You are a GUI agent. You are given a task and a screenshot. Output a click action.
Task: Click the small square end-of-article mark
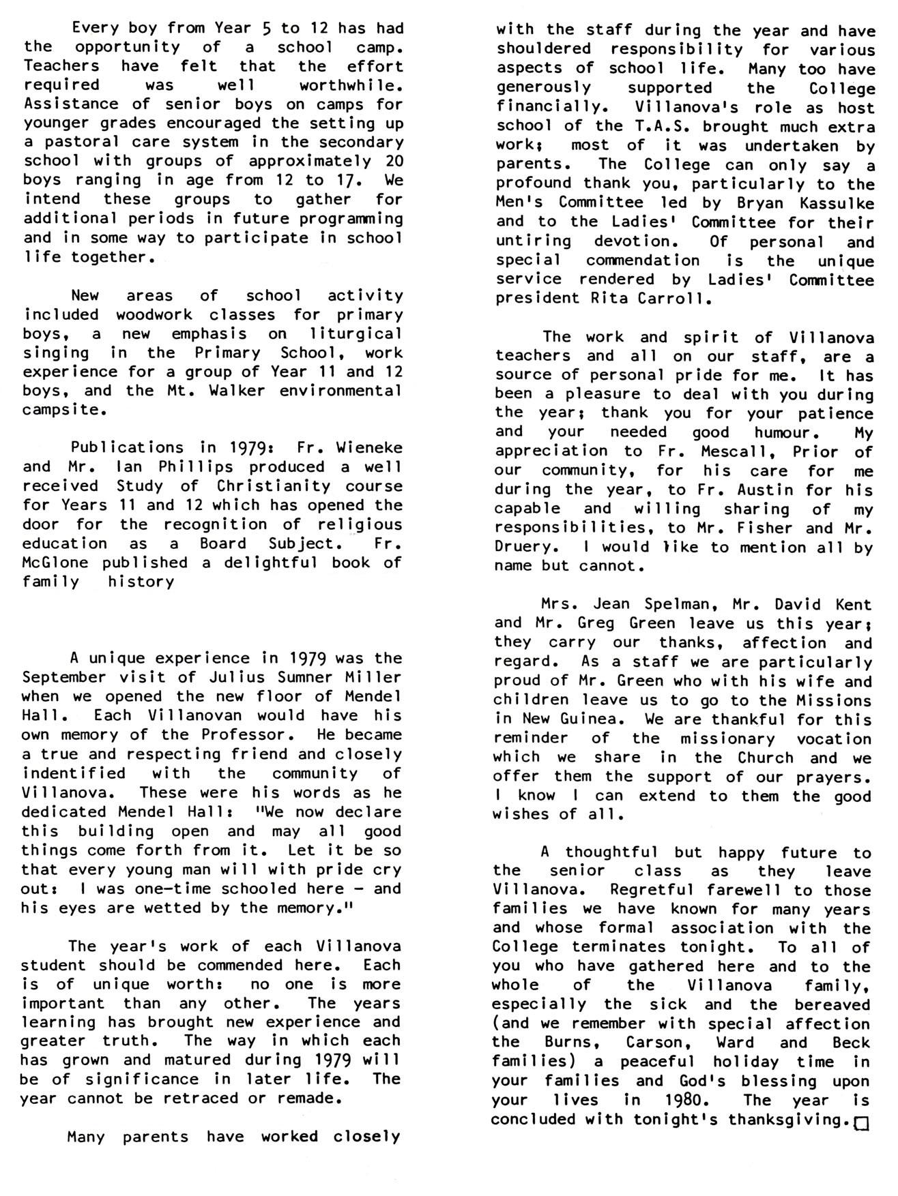pyautogui.click(x=861, y=1122)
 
